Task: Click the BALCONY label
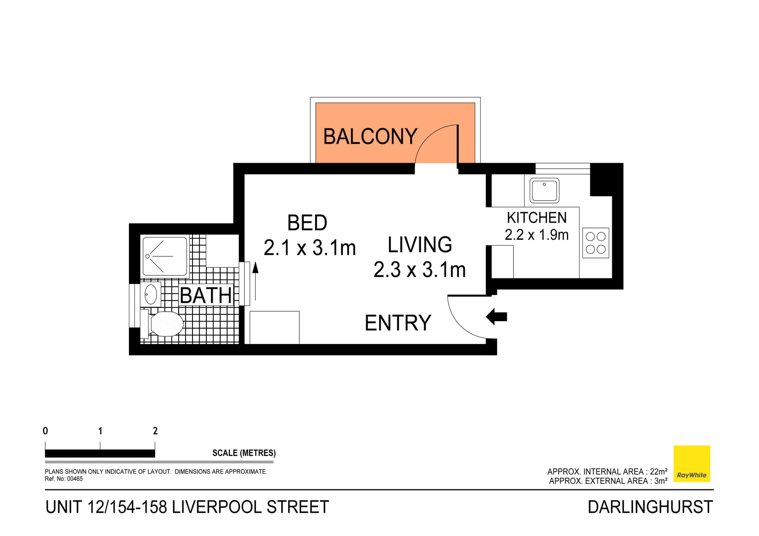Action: [x=370, y=136]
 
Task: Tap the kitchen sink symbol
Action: [x=544, y=190]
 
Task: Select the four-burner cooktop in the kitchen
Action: [x=595, y=243]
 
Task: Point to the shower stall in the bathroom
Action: [x=164, y=256]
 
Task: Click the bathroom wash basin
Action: [x=151, y=294]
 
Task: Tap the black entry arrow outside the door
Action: [x=497, y=316]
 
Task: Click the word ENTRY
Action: [x=398, y=323]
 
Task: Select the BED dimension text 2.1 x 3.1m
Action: [x=310, y=248]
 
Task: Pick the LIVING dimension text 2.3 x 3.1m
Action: [x=419, y=270]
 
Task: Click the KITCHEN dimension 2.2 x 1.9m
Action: [x=536, y=235]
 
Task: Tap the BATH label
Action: [x=206, y=295]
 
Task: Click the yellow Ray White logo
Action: [x=691, y=463]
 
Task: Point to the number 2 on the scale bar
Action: [x=155, y=431]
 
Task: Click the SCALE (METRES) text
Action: [x=244, y=453]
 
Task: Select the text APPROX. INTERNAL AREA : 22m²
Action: [x=607, y=472]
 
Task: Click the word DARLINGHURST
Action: [x=650, y=507]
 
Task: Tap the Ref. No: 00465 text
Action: [x=64, y=479]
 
